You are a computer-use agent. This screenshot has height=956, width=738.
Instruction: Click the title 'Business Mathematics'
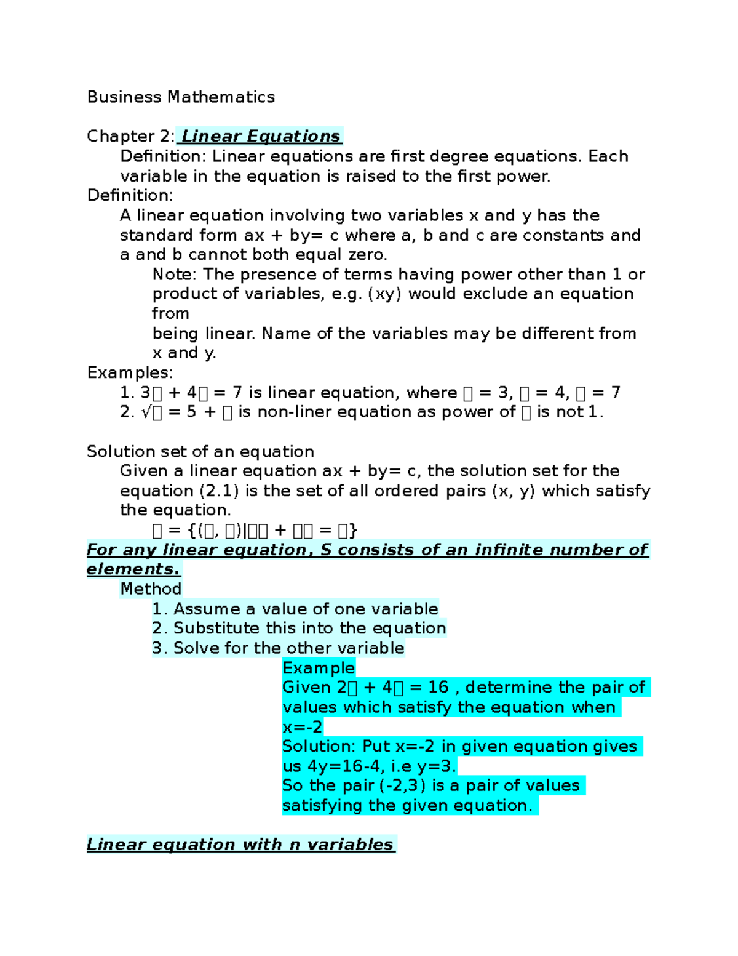pos(181,97)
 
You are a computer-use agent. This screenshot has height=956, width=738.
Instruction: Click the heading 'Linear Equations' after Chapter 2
pos(260,136)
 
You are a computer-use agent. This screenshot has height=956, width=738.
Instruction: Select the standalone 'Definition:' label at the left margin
pos(130,195)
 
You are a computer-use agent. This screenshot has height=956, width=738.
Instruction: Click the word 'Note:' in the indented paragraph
pos(175,275)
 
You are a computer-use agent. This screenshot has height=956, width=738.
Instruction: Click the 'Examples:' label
pos(130,372)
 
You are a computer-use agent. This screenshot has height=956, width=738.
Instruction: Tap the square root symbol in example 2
pos(146,412)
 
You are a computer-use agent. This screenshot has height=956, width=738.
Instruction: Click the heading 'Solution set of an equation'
pos(200,451)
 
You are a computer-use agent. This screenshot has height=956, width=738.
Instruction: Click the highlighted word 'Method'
pos(151,589)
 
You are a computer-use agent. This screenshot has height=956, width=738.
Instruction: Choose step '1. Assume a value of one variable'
pos(295,609)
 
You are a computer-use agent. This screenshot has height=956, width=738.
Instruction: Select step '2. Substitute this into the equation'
pos(299,628)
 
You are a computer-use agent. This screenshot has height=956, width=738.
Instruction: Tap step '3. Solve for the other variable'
pos(278,648)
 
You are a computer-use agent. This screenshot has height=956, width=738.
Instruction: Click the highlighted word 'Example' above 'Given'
pos(319,668)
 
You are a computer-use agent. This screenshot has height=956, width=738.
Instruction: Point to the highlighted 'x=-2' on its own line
pos(302,727)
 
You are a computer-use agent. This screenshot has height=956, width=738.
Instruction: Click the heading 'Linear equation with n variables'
pos(240,844)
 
